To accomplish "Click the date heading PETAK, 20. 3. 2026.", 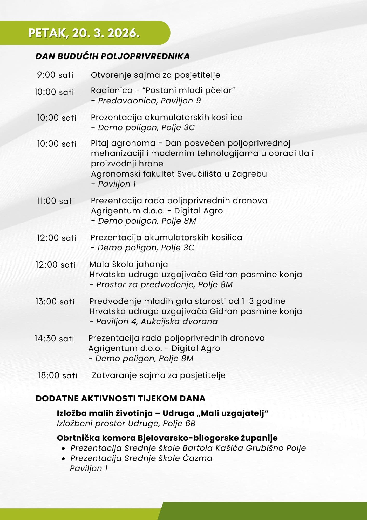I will (x=84, y=33).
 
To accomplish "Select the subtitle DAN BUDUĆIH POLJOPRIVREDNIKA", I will (x=112, y=56).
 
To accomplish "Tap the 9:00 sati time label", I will (x=55, y=75).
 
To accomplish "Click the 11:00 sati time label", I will (x=56, y=201).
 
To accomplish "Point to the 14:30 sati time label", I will (x=54, y=339).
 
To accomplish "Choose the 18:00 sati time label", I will (x=58, y=375).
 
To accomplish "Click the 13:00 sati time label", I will (x=55, y=302).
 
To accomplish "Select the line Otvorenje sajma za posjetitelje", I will (x=155, y=75).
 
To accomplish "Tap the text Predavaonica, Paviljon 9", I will (x=149, y=101).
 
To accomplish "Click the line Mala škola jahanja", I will (x=128, y=264).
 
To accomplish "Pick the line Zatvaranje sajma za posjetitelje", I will (x=159, y=375).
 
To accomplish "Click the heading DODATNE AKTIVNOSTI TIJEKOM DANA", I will (x=120, y=399).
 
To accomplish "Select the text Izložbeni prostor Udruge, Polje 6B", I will (x=126, y=424).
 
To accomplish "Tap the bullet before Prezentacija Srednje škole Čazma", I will (x=63, y=459).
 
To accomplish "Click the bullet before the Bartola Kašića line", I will (x=63, y=448).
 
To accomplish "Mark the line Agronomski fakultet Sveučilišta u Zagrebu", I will (x=179, y=174).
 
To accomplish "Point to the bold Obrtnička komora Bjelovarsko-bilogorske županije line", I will (x=167, y=438).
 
